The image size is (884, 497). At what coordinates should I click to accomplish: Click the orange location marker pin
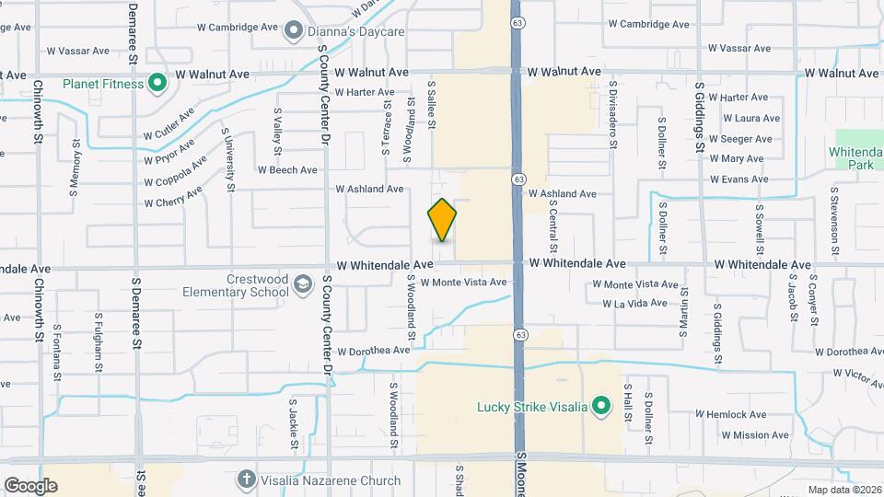[442, 220]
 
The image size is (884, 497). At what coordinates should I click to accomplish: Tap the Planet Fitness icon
[157, 84]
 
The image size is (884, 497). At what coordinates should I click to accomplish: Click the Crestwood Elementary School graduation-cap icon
[302, 285]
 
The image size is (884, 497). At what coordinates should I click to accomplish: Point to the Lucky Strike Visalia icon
[601, 406]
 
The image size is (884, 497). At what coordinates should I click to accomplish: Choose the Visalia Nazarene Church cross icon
[246, 480]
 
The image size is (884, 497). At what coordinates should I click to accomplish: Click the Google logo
[30, 485]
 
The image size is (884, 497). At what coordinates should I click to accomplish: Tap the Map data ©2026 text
[843, 490]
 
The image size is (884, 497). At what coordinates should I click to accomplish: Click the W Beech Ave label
[287, 169]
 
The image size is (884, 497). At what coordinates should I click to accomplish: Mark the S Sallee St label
[431, 104]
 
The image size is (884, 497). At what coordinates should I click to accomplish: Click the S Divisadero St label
[612, 114]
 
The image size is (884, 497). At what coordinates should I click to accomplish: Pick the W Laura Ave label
[751, 118]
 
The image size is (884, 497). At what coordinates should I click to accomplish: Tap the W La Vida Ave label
[634, 303]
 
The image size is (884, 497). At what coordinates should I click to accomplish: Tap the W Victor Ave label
[858, 374]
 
